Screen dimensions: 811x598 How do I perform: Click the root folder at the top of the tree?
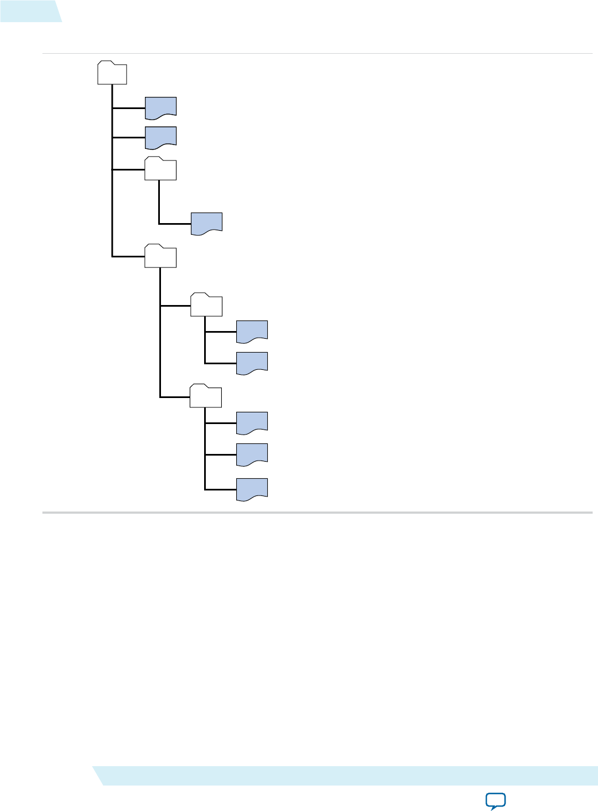coord(112,73)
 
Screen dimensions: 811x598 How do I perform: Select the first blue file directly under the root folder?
coord(160,107)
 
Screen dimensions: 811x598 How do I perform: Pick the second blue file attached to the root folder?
coord(160,137)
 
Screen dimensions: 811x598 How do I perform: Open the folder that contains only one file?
coord(160,169)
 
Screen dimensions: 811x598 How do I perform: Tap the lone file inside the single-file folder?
coord(206,223)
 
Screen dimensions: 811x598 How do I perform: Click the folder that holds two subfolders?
coord(160,256)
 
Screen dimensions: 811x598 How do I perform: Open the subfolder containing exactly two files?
coord(206,305)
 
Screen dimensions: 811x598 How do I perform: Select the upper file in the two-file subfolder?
coord(252,331)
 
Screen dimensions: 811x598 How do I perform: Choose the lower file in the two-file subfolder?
coord(252,363)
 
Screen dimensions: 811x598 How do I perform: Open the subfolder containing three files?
coord(206,396)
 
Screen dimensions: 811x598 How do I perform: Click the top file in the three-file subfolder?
coord(252,422)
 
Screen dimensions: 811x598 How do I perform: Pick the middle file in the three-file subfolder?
coord(252,454)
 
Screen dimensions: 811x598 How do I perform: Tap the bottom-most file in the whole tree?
coord(252,489)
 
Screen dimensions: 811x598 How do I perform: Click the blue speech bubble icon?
coord(495,800)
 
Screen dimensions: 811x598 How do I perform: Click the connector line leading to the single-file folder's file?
coord(174,224)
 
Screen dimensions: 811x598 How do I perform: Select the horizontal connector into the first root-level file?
coord(128,108)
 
